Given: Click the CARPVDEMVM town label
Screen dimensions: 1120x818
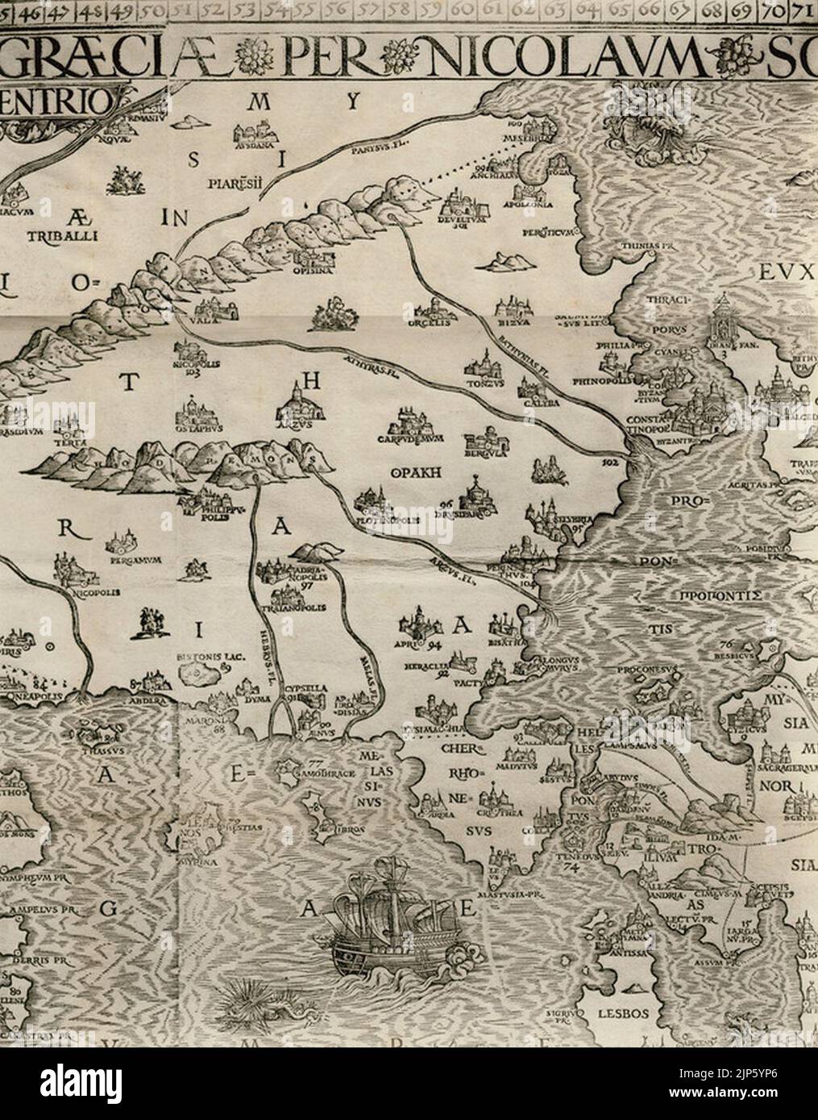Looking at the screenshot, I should [x=410, y=441].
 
